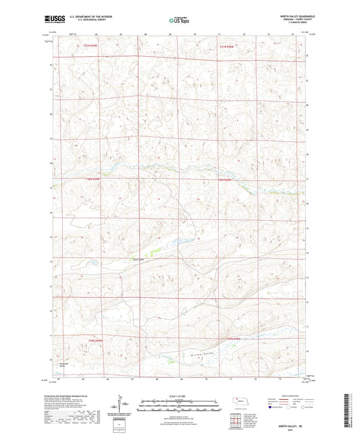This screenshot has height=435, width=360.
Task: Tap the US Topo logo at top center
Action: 178,21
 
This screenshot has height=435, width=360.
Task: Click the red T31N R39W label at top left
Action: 91,46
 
